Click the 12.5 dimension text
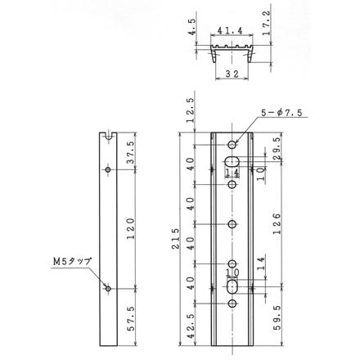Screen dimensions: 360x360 click(191, 109)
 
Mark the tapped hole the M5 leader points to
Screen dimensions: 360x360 click(107, 289)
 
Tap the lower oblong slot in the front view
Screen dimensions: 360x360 click(232, 287)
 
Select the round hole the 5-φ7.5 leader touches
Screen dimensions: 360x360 click(232, 145)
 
